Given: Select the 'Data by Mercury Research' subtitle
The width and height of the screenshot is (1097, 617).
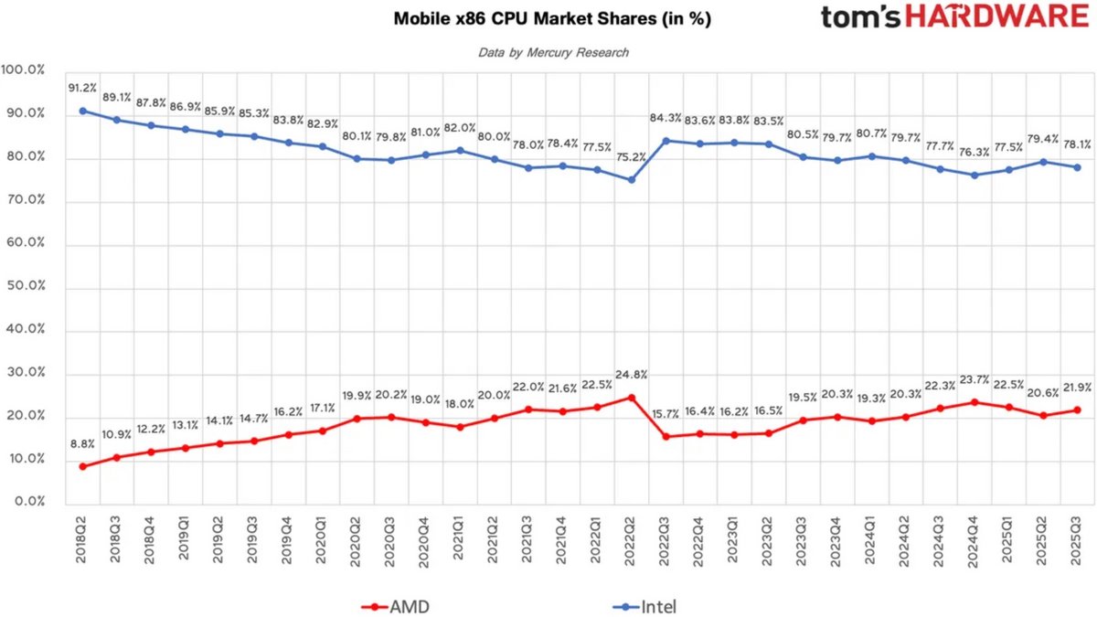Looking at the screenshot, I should (x=553, y=53).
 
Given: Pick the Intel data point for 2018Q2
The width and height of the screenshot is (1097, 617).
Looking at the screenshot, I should (x=83, y=111).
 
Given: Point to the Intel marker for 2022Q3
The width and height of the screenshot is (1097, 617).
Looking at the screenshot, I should (x=666, y=141).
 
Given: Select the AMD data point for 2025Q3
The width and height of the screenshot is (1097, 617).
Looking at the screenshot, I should (x=1077, y=410).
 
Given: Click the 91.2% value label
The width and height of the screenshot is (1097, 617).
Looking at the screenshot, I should (x=83, y=89).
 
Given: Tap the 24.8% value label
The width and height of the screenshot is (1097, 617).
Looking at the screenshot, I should (x=631, y=374).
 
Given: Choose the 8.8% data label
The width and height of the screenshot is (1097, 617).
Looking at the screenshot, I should (x=83, y=444).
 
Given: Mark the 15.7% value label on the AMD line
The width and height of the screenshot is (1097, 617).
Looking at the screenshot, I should (x=666, y=415).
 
